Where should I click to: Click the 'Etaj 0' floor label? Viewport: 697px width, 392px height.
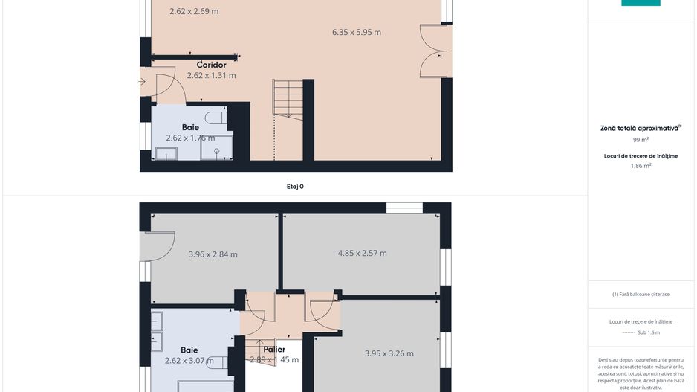[295, 187]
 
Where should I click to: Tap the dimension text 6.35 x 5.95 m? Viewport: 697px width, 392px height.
[356, 32]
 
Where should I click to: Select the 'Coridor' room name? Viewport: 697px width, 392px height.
[211, 65]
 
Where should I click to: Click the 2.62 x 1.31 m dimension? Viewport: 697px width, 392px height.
[211, 75]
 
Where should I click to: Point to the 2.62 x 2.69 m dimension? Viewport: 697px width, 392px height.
[194, 11]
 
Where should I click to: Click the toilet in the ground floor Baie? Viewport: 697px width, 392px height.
[216, 118]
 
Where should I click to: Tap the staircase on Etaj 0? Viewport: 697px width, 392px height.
[288, 100]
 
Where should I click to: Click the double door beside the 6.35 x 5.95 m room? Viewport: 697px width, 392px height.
[435, 51]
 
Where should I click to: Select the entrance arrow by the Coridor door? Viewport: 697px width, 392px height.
[142, 82]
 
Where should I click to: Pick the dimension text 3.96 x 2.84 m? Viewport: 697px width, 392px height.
[213, 254]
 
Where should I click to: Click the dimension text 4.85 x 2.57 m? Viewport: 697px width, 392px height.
[362, 253]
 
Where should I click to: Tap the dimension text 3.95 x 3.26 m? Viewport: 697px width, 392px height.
[389, 353]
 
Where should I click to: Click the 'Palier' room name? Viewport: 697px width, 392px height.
[273, 349]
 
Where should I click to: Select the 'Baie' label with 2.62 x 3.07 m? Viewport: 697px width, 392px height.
[189, 350]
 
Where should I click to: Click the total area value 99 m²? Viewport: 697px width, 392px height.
[641, 139]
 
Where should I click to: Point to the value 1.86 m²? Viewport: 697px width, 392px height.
[641, 166]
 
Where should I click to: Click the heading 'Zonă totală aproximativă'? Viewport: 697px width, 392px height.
[640, 128]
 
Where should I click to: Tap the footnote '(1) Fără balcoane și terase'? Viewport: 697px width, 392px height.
[641, 294]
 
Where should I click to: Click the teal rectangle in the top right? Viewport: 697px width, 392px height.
[641, 2]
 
